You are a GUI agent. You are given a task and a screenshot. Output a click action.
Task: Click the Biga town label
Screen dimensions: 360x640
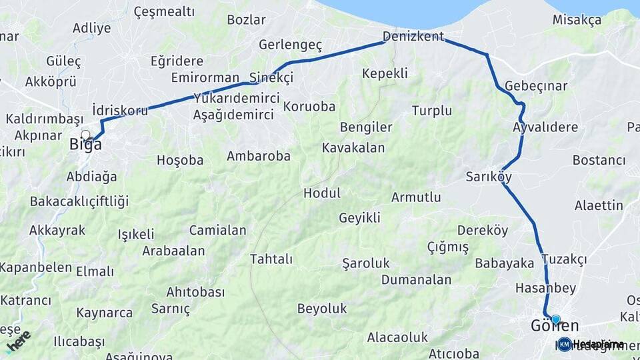[86, 144]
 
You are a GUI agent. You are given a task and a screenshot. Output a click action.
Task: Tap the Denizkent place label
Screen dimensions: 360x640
[413, 36]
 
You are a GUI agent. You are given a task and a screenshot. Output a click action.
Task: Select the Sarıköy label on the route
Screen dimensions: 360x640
[489, 177]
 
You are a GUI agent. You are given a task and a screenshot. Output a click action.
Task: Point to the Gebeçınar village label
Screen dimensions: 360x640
[536, 86]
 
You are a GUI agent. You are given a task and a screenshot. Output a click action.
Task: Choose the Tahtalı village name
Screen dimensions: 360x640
[271, 259]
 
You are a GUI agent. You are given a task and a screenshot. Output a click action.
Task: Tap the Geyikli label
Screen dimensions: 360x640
[359, 217]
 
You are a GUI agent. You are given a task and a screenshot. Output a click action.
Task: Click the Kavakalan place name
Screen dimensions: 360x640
[353, 147]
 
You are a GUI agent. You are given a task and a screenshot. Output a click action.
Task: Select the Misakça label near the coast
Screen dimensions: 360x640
[577, 20]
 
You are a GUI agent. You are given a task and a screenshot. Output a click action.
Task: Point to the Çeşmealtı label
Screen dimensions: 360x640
[164, 11]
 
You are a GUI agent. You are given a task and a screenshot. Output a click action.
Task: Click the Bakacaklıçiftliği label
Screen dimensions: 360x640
[79, 201]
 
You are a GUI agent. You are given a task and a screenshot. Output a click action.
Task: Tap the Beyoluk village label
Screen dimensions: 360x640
[322, 308]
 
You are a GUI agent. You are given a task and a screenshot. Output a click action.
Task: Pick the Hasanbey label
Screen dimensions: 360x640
[545, 288]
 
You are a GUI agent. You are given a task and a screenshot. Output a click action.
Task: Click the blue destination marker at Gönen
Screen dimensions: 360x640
[556, 319]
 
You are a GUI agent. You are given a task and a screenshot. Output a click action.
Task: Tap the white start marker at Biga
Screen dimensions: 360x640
[85, 135]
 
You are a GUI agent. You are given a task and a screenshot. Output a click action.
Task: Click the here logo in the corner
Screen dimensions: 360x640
[18, 341]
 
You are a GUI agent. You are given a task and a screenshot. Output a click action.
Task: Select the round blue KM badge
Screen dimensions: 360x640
[565, 344]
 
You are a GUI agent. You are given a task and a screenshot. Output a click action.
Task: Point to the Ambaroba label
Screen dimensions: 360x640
[259, 156]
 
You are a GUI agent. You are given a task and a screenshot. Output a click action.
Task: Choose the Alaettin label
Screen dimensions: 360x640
[599, 205]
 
